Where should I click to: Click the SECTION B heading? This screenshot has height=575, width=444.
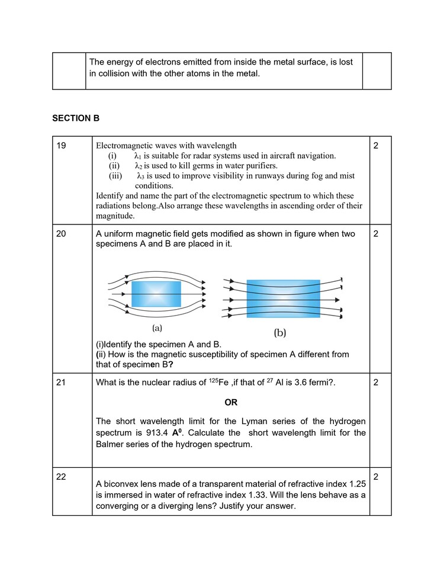pyautogui.click(x=76, y=118)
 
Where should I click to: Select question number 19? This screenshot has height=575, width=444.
pyautogui.click(x=61, y=145)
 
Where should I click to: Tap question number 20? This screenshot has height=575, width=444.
pyautogui.click(x=61, y=234)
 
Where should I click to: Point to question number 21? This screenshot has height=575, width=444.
pyautogui.click(x=61, y=383)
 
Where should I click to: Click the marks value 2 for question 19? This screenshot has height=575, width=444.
pyautogui.click(x=376, y=145)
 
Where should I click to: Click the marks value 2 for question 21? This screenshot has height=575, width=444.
pyautogui.click(x=376, y=383)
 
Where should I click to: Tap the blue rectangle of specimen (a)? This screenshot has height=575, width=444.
pyautogui.click(x=156, y=294)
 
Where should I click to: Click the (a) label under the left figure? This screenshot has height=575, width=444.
pyautogui.click(x=157, y=327)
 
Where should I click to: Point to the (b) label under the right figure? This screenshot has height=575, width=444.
pyautogui.click(x=280, y=333)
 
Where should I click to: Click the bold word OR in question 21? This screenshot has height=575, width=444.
pyautogui.click(x=231, y=403)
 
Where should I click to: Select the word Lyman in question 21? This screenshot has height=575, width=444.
pyautogui.click(x=255, y=421)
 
